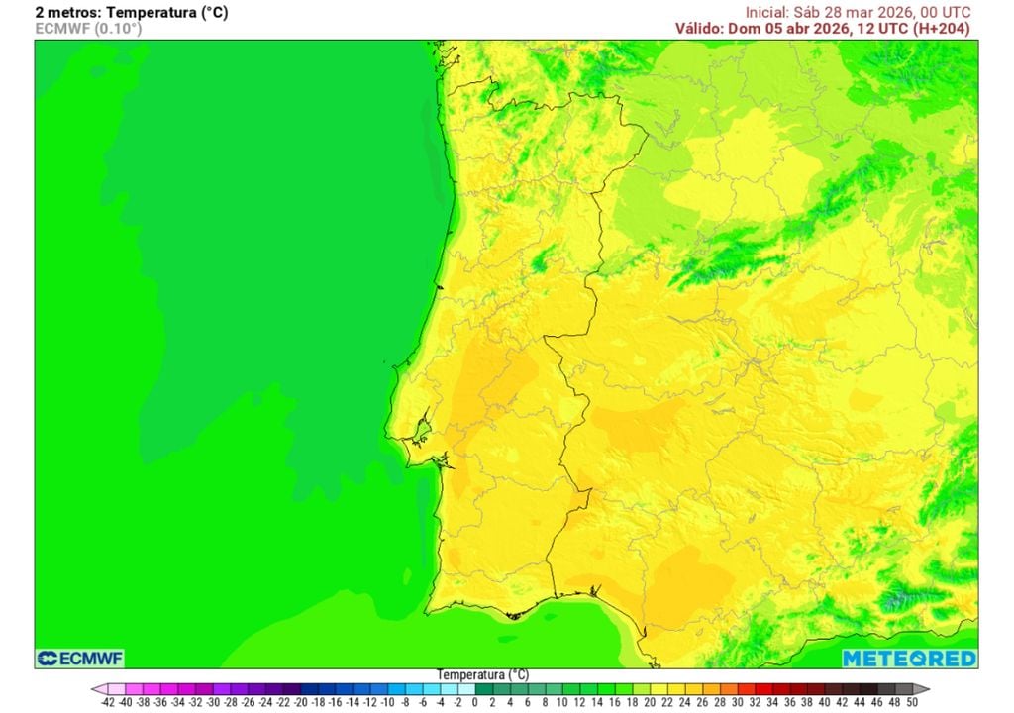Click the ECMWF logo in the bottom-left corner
coord(80,659)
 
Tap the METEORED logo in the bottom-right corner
coord(909,659)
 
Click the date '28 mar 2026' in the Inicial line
coord(866,12)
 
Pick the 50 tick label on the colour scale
coord(911,702)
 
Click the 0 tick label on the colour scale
coord(475,702)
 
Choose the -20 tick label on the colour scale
coord(300,702)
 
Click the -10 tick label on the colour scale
coord(387,702)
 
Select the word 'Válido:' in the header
coord(702,29)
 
